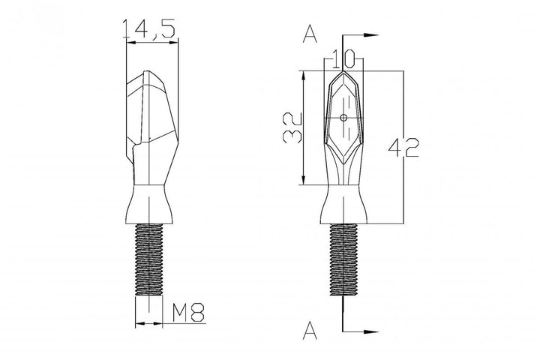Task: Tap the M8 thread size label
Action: (189, 313)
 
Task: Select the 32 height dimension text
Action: (292, 127)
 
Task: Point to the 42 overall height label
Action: (403, 147)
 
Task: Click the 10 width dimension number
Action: (343, 58)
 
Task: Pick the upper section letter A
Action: (310, 34)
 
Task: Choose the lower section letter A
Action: (310, 330)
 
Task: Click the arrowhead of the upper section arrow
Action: (371, 34)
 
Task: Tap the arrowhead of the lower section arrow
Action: (371, 331)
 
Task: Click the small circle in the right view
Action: (343, 118)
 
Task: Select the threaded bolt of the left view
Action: (148, 259)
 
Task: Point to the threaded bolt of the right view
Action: (343, 259)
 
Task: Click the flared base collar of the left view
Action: (148, 204)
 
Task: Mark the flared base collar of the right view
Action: (343, 204)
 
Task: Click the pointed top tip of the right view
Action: (343, 72)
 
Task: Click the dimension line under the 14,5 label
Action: (152, 43)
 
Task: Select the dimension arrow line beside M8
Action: (148, 323)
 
